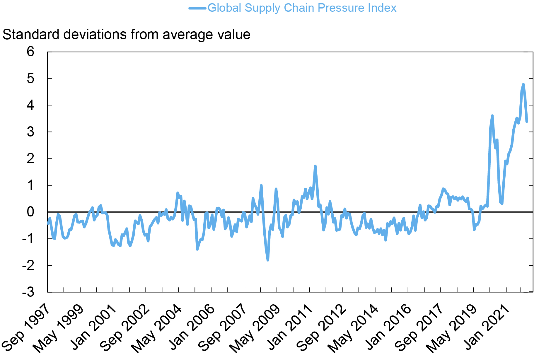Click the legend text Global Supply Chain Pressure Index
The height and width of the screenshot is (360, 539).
click(x=302, y=8)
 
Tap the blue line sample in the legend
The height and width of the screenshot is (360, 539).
click(x=197, y=8)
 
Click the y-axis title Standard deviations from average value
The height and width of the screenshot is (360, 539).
click(x=126, y=35)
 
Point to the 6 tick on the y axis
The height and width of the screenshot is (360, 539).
click(x=30, y=52)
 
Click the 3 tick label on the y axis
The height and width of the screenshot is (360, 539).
click(x=30, y=132)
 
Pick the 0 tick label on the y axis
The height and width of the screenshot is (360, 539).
click(x=30, y=212)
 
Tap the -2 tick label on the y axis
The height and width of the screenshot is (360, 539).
click(x=28, y=265)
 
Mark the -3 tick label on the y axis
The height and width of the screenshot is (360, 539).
click(x=28, y=292)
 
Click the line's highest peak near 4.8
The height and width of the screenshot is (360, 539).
click(x=523, y=84)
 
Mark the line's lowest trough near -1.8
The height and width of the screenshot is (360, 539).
click(x=268, y=260)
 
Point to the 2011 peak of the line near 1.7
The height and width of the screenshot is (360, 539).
click(x=315, y=166)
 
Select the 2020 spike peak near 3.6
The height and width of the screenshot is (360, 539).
click(x=492, y=116)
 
